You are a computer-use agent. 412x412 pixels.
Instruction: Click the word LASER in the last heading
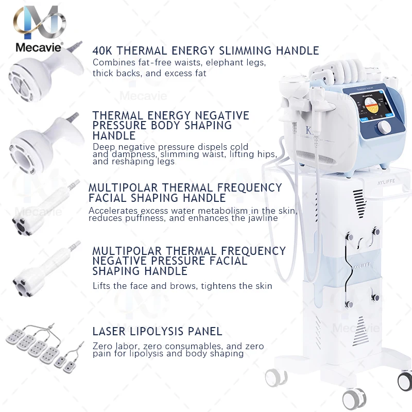pos(110,331)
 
